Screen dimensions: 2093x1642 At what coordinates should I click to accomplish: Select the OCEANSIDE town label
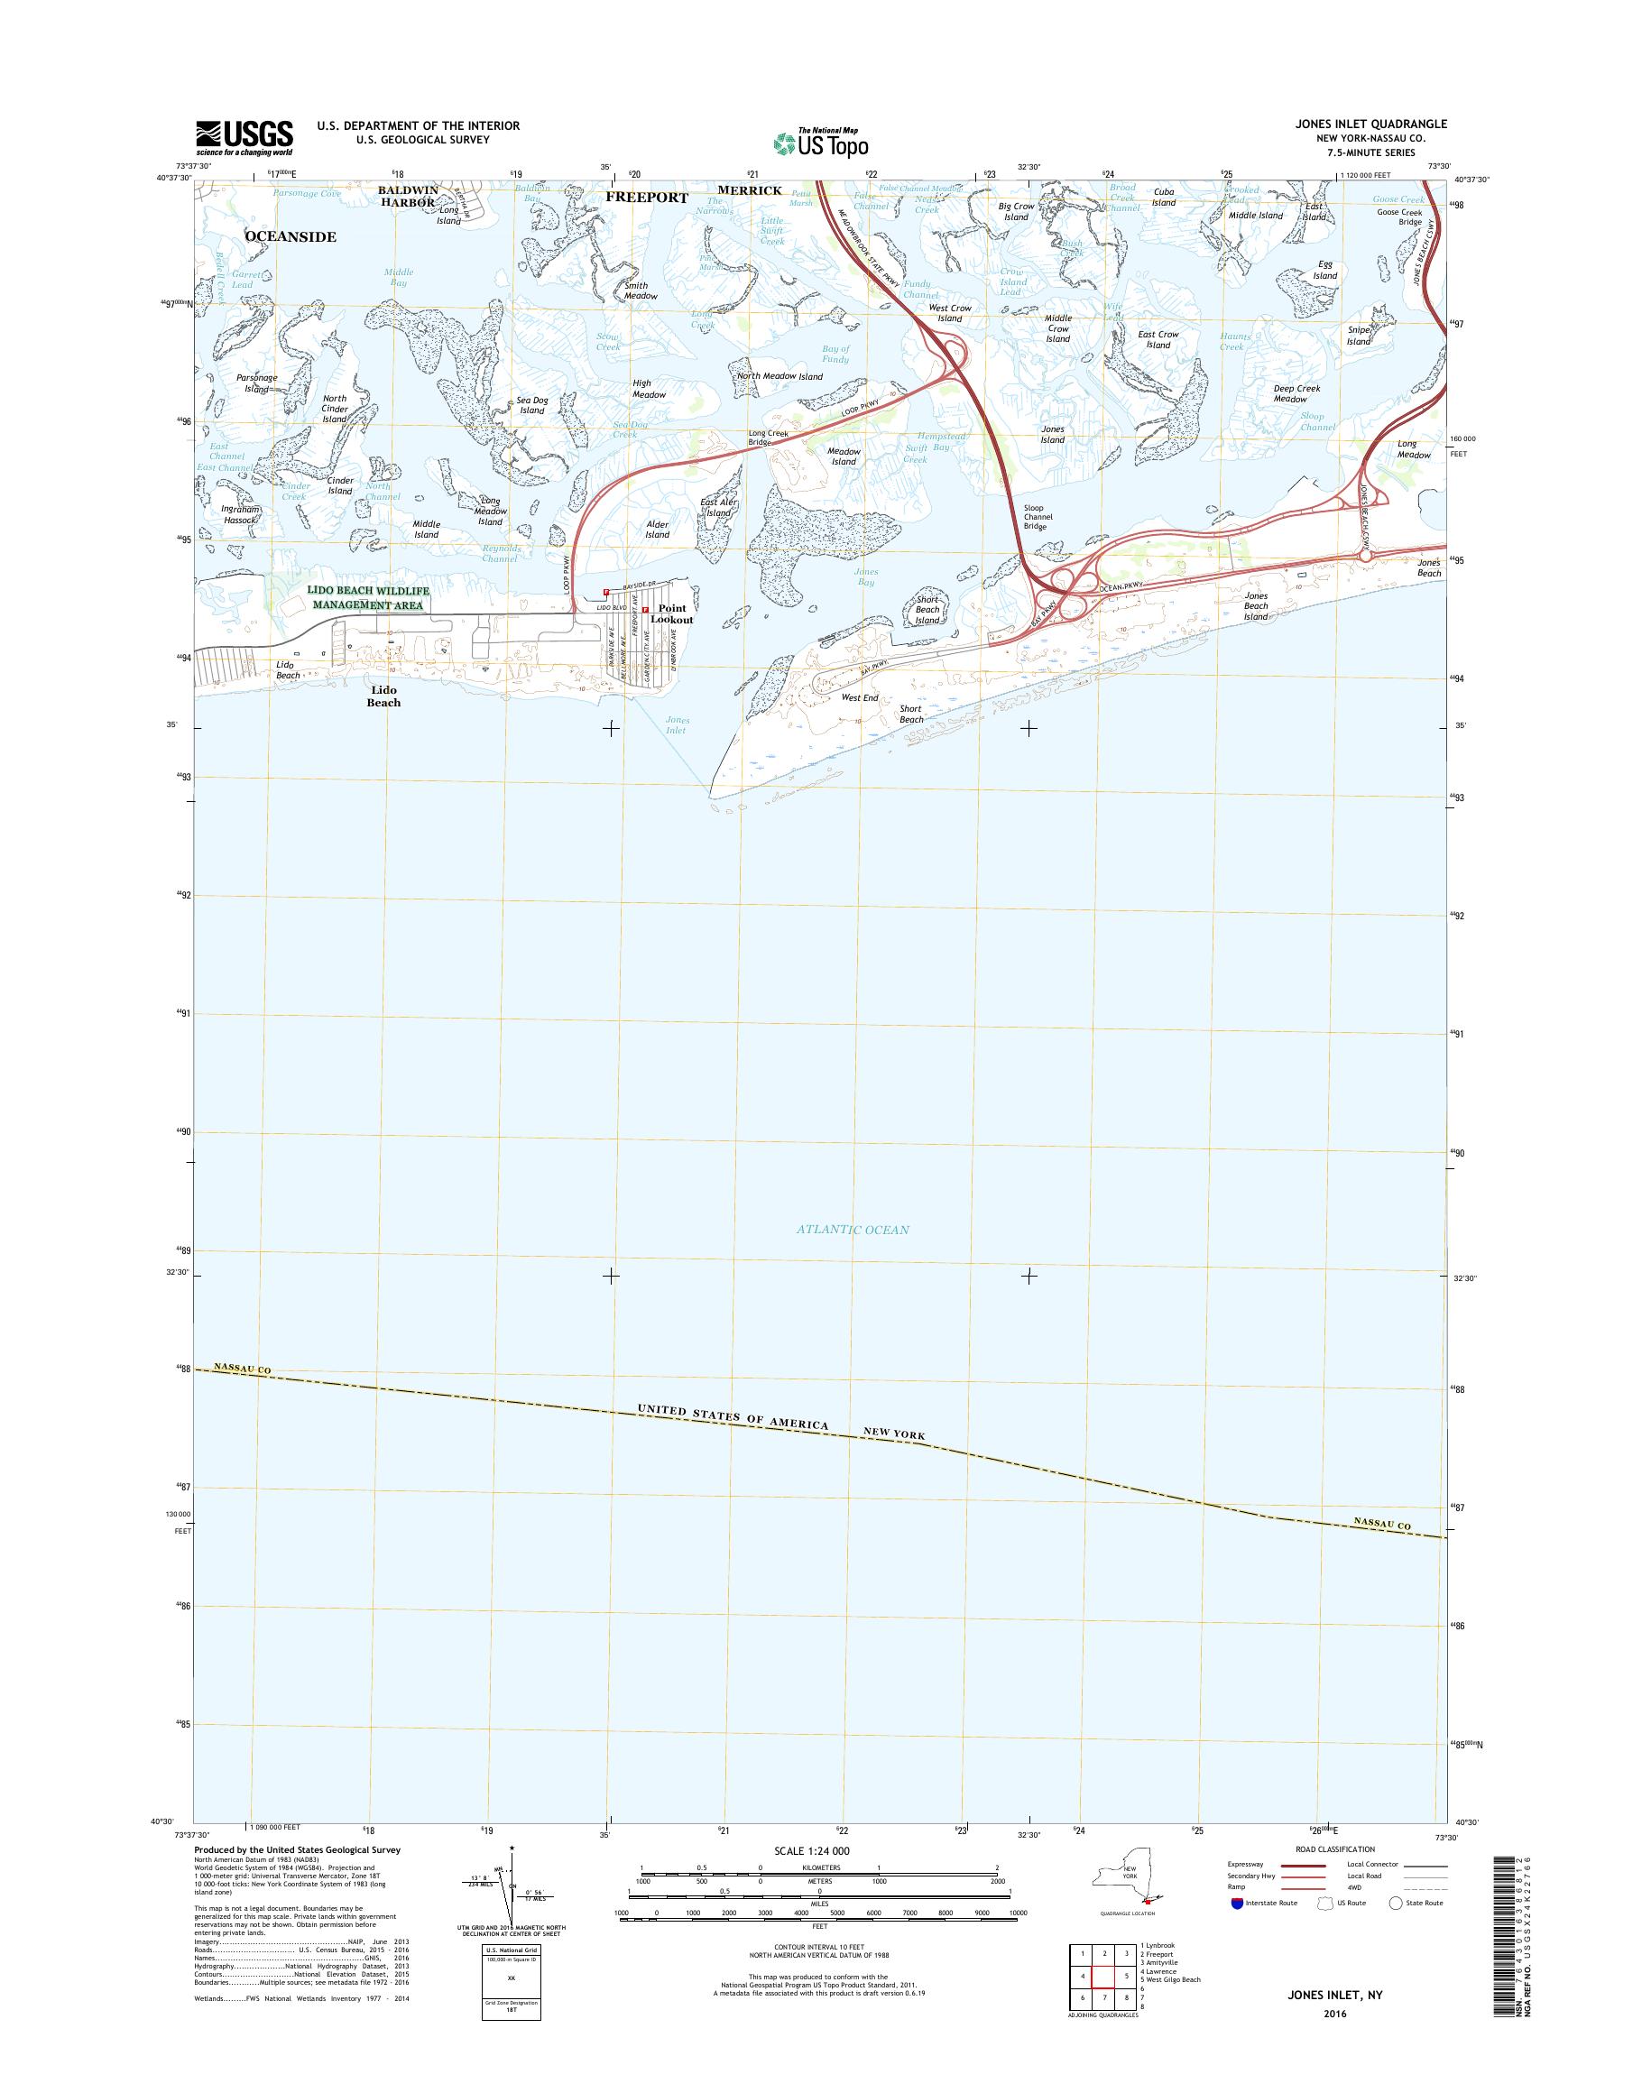pos(291,236)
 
